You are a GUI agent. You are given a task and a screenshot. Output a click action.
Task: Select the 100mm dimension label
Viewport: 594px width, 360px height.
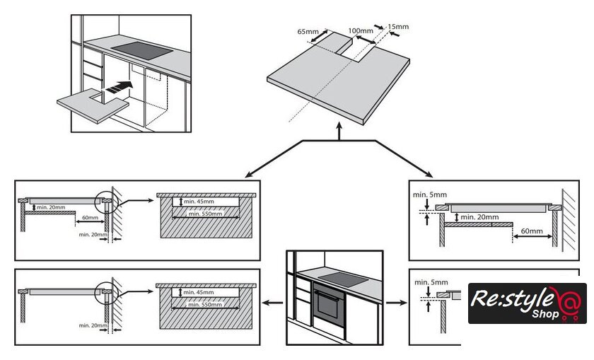tap(361, 31)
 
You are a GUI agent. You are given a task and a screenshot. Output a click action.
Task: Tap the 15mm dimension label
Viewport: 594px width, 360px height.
tap(399, 27)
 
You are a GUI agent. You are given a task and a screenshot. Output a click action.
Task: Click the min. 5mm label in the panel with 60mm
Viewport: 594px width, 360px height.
tap(426, 193)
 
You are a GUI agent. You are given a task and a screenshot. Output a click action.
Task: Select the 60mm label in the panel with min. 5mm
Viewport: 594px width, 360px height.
tap(531, 231)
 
